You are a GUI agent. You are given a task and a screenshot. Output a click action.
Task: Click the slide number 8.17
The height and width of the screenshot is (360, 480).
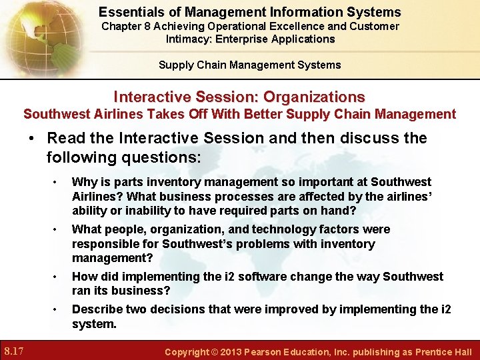[x=15, y=351]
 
